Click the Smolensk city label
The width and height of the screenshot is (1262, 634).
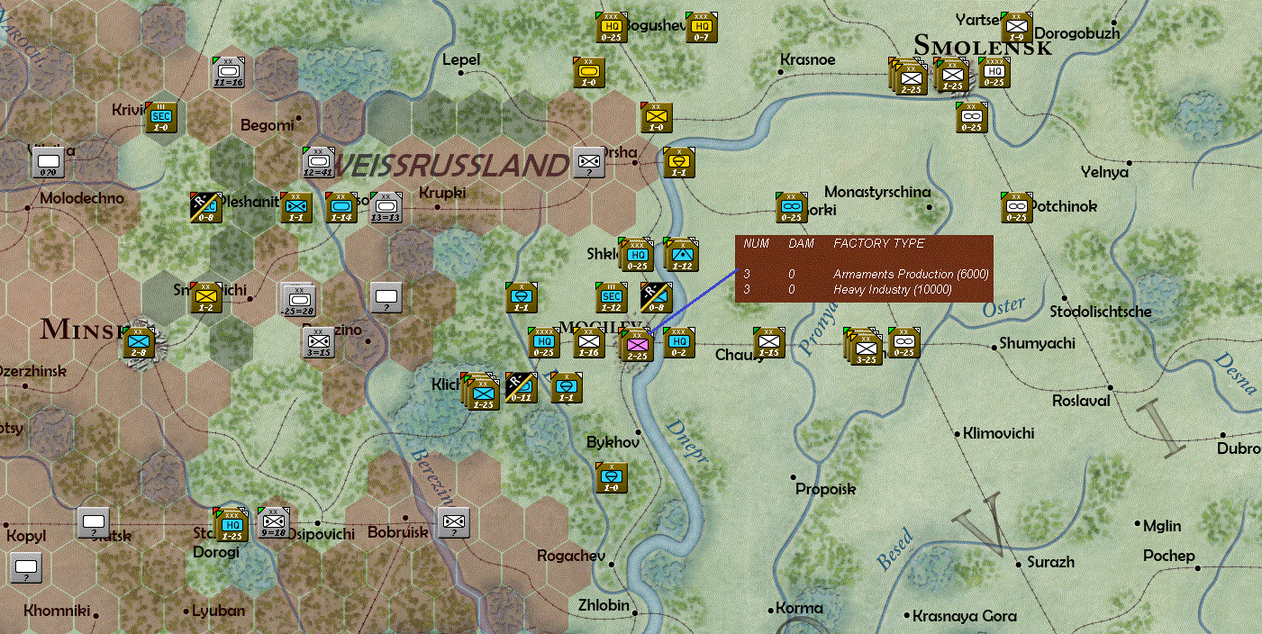click(983, 45)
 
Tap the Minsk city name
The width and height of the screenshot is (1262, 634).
click(81, 329)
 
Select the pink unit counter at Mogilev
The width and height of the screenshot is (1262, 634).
click(637, 344)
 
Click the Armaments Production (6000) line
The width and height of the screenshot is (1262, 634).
click(911, 274)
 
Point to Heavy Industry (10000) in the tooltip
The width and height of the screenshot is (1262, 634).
click(892, 289)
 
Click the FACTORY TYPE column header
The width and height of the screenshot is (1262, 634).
click(878, 243)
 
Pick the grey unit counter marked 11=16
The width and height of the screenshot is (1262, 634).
click(229, 71)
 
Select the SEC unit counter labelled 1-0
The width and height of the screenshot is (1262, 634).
click(161, 116)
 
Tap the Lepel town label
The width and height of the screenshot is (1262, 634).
click(461, 59)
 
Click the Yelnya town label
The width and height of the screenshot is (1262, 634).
click(1105, 172)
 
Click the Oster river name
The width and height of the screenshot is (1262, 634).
click(1003, 307)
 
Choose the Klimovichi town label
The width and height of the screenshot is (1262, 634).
click(998, 433)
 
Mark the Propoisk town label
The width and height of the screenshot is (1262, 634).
click(825, 489)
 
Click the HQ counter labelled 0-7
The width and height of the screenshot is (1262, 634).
click(701, 27)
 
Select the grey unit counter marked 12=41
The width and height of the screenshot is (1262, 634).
click(319, 162)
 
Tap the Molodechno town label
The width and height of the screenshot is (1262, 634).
click(82, 198)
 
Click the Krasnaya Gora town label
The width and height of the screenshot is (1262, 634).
click(964, 616)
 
